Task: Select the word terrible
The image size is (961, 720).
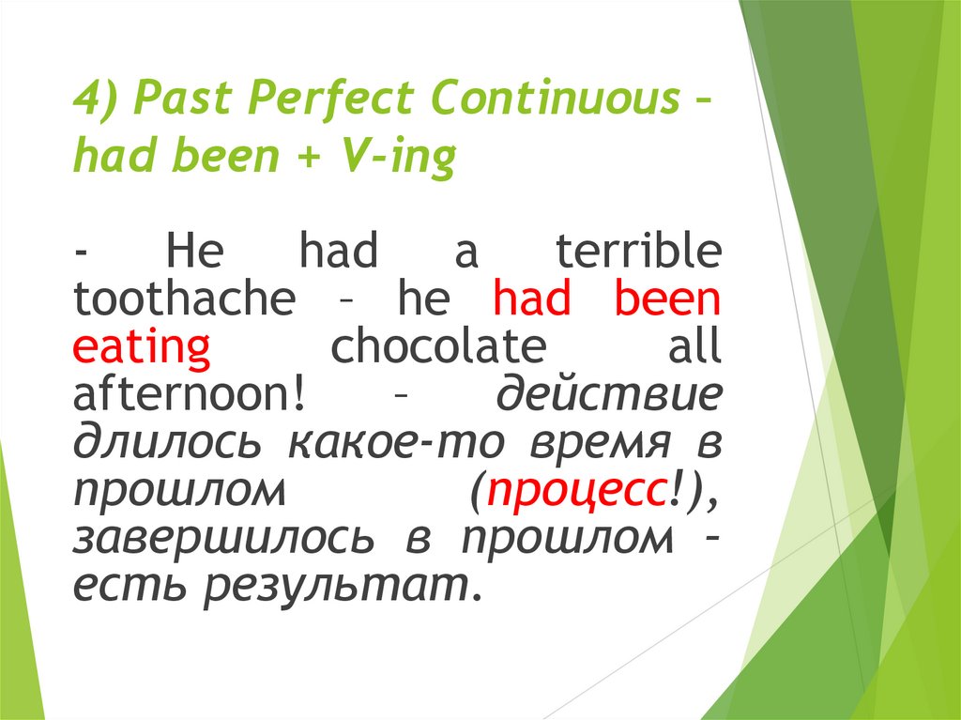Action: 638,252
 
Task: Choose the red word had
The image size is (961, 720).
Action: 531,299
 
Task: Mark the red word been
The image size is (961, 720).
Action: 667,299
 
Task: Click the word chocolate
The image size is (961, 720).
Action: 437,347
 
